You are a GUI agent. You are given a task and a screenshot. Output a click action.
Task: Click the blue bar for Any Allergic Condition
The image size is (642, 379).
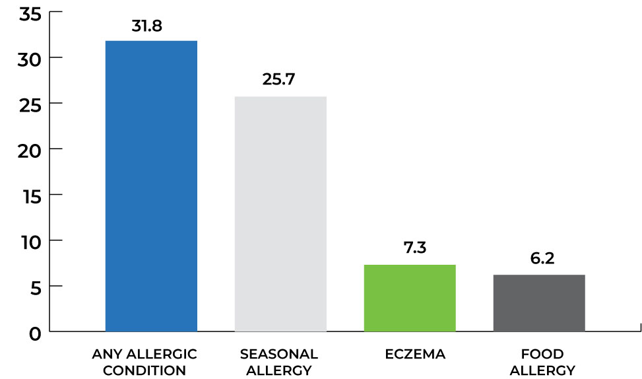point(151,186)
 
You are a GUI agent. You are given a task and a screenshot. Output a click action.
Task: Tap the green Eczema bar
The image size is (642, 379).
point(410,298)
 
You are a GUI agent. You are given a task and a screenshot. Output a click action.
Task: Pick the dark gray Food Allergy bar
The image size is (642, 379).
point(539,302)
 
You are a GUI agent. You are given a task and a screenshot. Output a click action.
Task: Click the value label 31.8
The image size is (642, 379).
point(151,28)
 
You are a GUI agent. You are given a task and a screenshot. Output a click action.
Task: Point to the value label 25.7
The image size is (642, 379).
point(280,81)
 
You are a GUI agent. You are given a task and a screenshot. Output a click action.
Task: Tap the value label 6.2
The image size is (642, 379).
point(539,258)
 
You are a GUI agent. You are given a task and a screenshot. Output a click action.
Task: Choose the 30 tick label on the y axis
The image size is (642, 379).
point(30,59)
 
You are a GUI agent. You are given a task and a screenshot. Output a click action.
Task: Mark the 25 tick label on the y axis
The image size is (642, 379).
point(30,105)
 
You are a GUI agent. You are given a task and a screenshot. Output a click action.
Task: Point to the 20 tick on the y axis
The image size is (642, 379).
point(30,151)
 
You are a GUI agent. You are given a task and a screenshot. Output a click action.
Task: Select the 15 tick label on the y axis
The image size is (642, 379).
point(30,196)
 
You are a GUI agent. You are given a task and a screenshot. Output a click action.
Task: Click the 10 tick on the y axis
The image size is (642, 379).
point(30,242)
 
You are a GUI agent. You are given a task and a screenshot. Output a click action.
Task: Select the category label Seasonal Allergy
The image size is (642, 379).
point(279,362)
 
